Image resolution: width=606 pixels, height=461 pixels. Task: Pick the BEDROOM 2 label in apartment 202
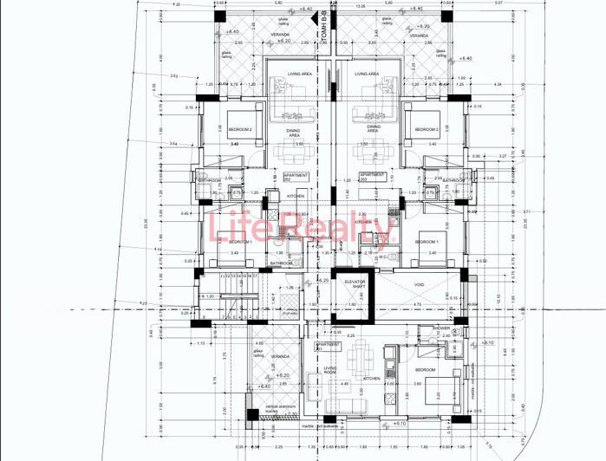pyautogui.click(x=240, y=130)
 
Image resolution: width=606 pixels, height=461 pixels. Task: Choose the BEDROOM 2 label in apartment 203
pyautogui.click(x=427, y=130)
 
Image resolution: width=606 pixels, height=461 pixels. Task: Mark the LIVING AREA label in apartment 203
pyautogui.click(x=367, y=75)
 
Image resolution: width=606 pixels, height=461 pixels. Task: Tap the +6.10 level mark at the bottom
pyautogui.click(x=400, y=425)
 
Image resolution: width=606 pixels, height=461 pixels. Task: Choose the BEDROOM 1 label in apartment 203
pyautogui.click(x=427, y=241)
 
